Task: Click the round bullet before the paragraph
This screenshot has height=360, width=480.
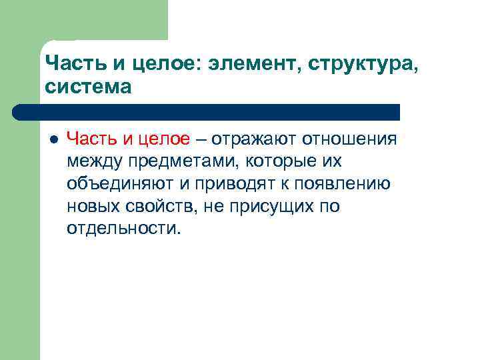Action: coord(54,139)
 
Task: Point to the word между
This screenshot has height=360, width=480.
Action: coord(91,161)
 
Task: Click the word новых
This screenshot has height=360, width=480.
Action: coord(90,207)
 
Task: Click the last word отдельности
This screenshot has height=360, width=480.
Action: coord(123,229)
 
